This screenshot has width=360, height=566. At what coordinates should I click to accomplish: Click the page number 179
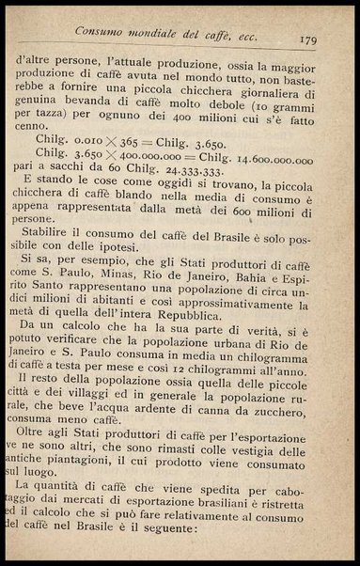[x=306, y=39]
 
